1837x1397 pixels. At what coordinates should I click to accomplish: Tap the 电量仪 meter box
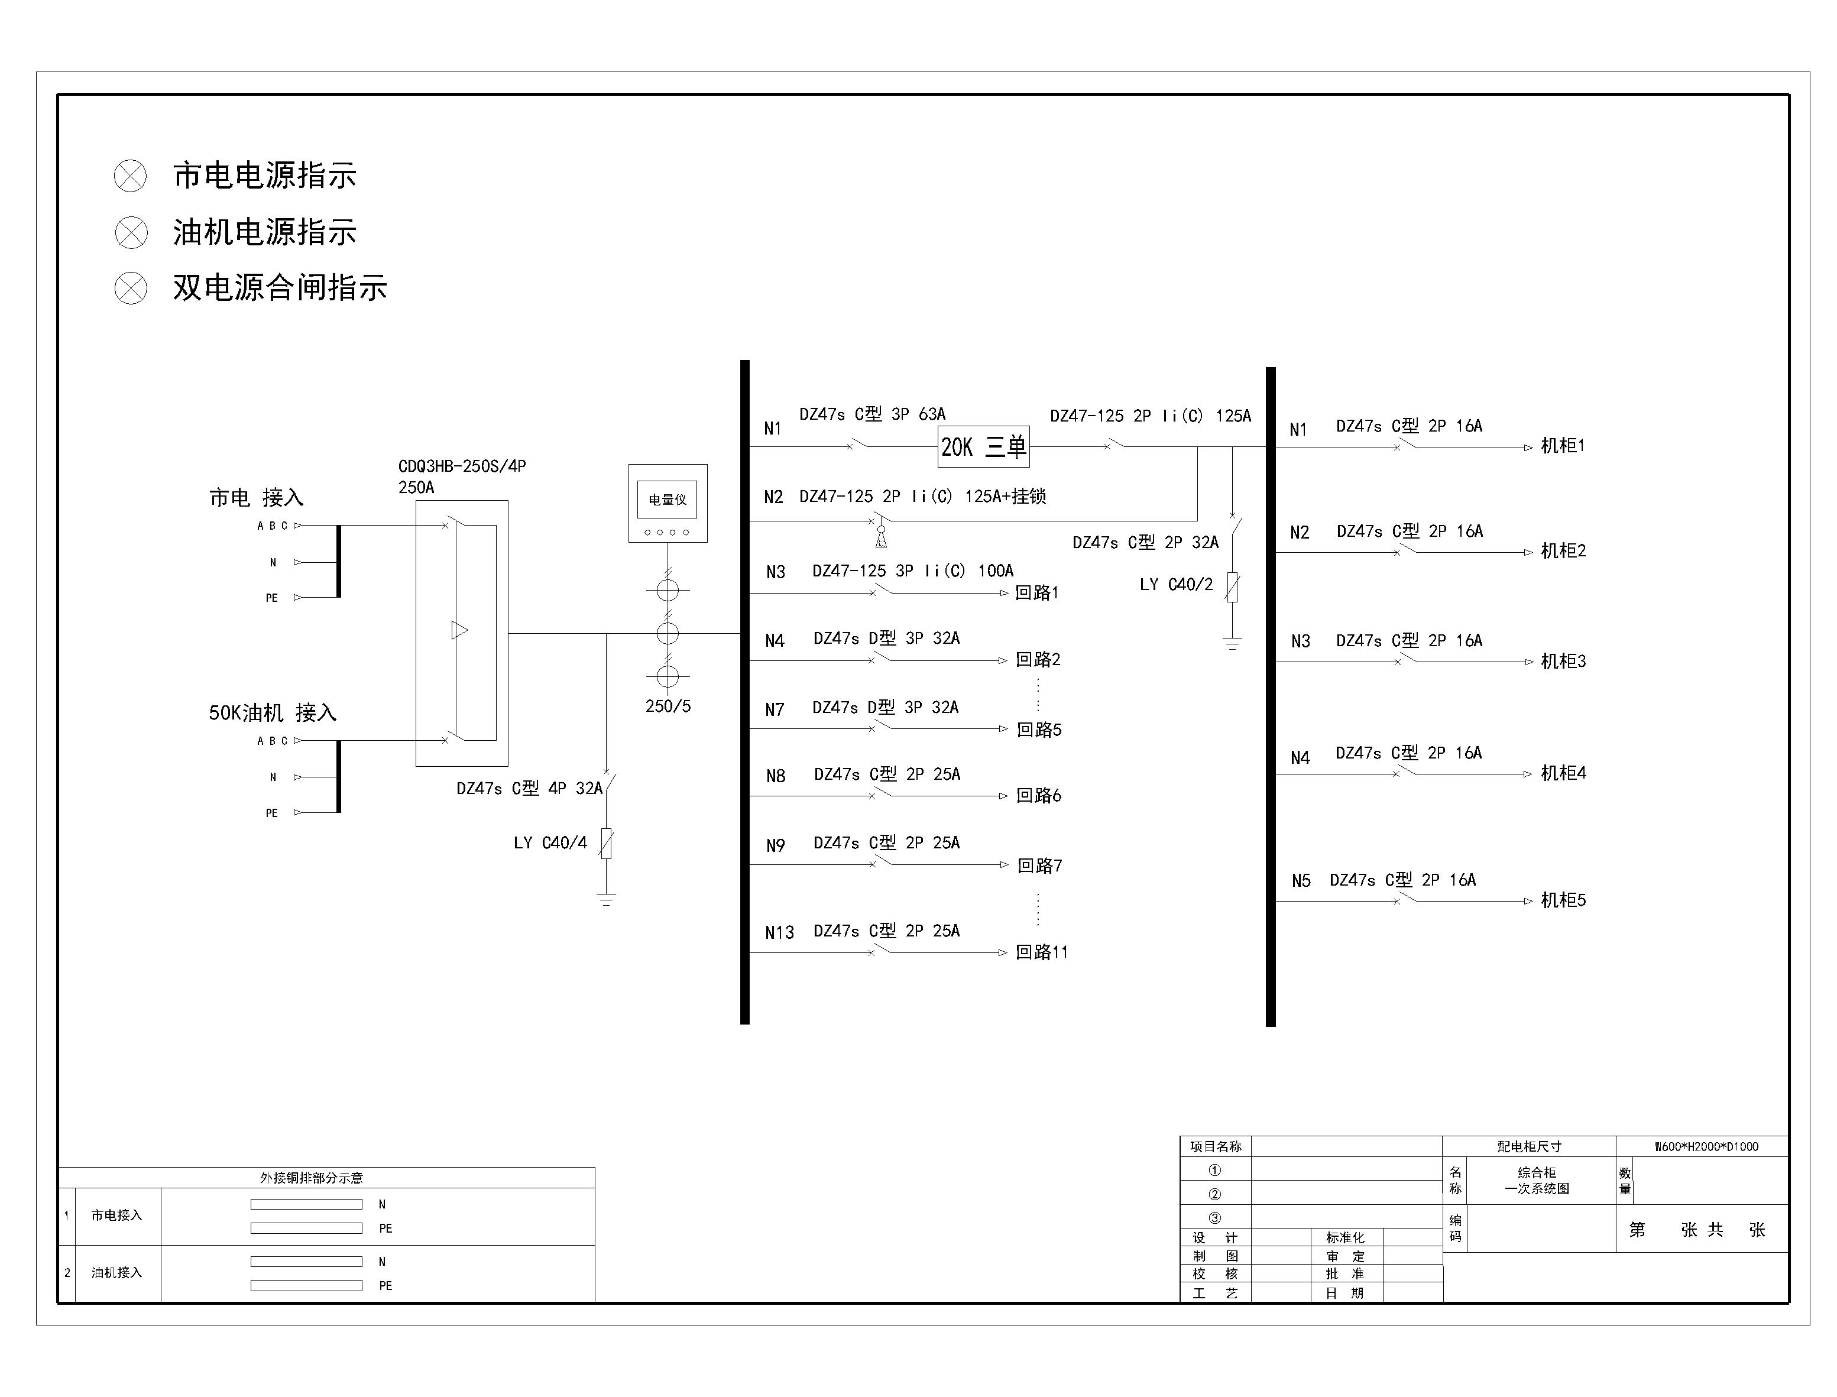coord(668,503)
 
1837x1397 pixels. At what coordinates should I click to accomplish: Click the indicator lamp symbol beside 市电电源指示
coord(131,176)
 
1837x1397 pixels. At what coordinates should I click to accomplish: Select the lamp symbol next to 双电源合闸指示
coord(131,289)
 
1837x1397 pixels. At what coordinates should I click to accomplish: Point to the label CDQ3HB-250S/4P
coord(462,466)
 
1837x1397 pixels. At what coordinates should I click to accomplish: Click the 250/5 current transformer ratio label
coord(668,706)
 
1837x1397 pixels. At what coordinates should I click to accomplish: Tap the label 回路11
coord(1041,952)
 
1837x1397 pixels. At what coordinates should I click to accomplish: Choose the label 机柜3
coord(1563,661)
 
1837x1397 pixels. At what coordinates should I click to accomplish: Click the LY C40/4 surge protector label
coord(550,843)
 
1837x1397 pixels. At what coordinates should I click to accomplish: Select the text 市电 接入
coord(256,497)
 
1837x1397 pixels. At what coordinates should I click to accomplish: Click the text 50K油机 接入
coord(272,712)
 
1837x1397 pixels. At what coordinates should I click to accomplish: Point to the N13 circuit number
coord(779,933)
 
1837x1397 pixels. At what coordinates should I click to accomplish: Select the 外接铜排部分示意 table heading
coord(311,1178)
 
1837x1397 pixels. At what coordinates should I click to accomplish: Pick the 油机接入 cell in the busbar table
coord(116,1272)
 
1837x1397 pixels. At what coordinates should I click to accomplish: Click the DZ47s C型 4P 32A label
coord(529,788)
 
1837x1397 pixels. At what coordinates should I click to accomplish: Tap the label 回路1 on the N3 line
coord(1036,593)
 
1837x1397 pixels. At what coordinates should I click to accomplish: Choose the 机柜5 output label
coord(1563,900)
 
